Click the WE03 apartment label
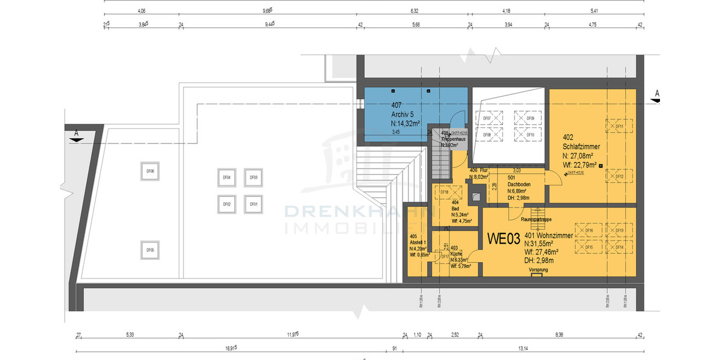tap(503, 239)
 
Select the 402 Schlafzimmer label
tap(581, 146)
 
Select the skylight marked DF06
tap(150, 172)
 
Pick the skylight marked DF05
tap(150, 250)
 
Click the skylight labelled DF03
tap(253, 178)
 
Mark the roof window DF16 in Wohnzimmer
tap(589, 231)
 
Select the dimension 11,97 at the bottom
tap(292, 335)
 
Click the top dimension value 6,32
tap(413, 10)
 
